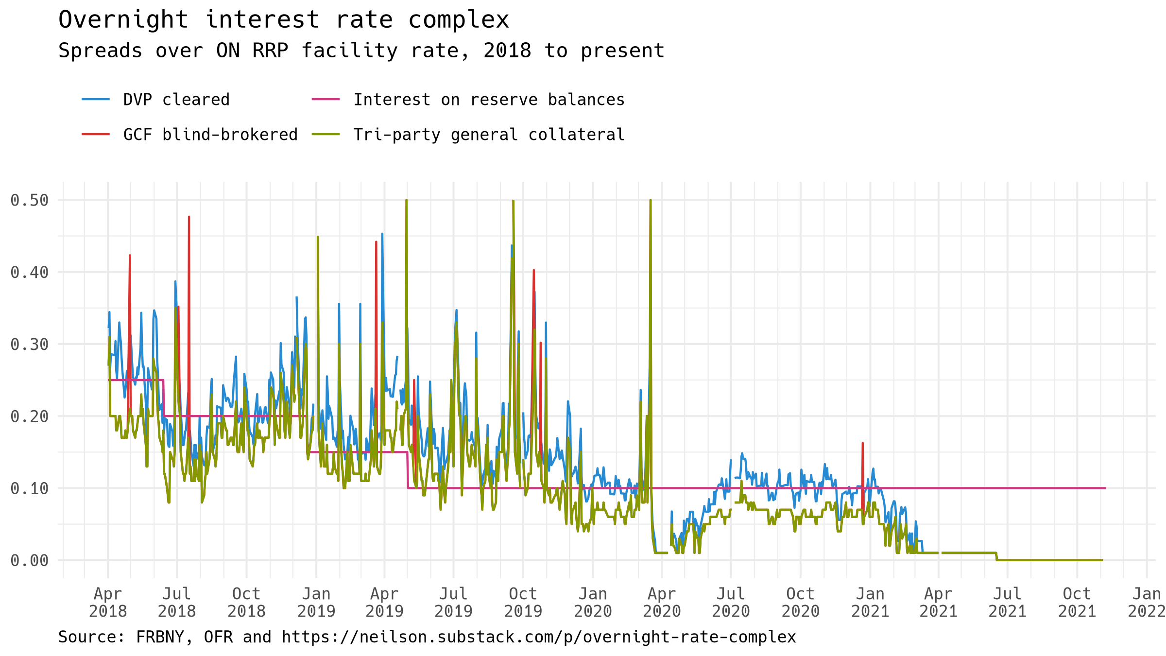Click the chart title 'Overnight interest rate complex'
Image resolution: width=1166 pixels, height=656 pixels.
[x=283, y=20]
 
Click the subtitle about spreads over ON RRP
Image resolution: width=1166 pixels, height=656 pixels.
[x=361, y=51]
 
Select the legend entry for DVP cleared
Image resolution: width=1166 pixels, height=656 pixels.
[x=176, y=100]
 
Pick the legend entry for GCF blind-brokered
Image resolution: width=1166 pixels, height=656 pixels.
[x=210, y=135]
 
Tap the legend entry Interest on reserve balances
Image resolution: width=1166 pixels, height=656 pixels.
[x=488, y=100]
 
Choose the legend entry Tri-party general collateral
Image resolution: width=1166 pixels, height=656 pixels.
[x=488, y=135]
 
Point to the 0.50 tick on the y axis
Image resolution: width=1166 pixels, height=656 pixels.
[x=30, y=200]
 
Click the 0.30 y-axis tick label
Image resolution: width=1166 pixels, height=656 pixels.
[x=30, y=345]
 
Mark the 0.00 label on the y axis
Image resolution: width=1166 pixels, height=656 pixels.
[x=30, y=561]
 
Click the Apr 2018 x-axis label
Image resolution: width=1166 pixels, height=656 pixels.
[x=108, y=602]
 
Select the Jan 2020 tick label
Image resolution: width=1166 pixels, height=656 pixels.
[x=593, y=602]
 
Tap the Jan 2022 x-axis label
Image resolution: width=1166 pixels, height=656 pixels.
[x=1146, y=602]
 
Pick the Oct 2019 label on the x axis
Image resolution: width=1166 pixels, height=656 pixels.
[x=523, y=602]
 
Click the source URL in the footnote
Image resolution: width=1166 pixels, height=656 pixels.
[x=538, y=637]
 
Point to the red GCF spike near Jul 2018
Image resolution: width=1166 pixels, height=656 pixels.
[x=189, y=218]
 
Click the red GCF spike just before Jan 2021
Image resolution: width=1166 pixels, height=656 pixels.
[x=862, y=444]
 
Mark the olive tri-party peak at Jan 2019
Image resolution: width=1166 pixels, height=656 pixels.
[x=318, y=237]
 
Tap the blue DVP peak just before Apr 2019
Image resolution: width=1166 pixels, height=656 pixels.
[x=382, y=234]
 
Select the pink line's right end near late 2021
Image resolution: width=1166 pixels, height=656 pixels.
[x=1105, y=488]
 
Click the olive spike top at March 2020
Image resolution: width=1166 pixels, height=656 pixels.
[x=651, y=200]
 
